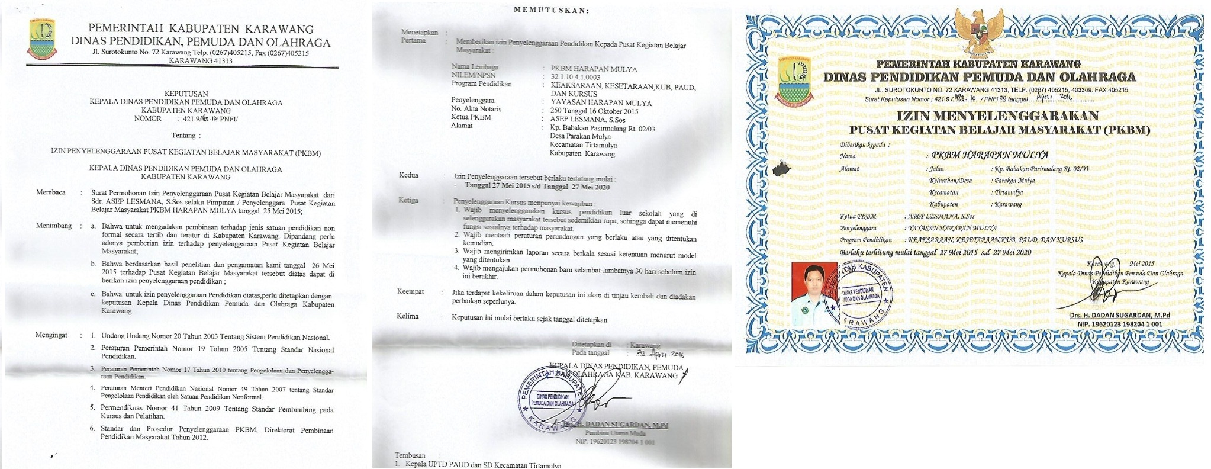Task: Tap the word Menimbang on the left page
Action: (x=54, y=226)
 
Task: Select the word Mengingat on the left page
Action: (x=51, y=335)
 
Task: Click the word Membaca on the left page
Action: (x=51, y=192)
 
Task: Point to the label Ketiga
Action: (x=408, y=200)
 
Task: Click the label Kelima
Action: (x=408, y=316)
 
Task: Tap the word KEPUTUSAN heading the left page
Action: (x=186, y=94)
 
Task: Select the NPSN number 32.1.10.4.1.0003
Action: (x=575, y=76)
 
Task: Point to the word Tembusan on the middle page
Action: (x=410, y=455)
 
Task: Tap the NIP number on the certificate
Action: (x=1116, y=325)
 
